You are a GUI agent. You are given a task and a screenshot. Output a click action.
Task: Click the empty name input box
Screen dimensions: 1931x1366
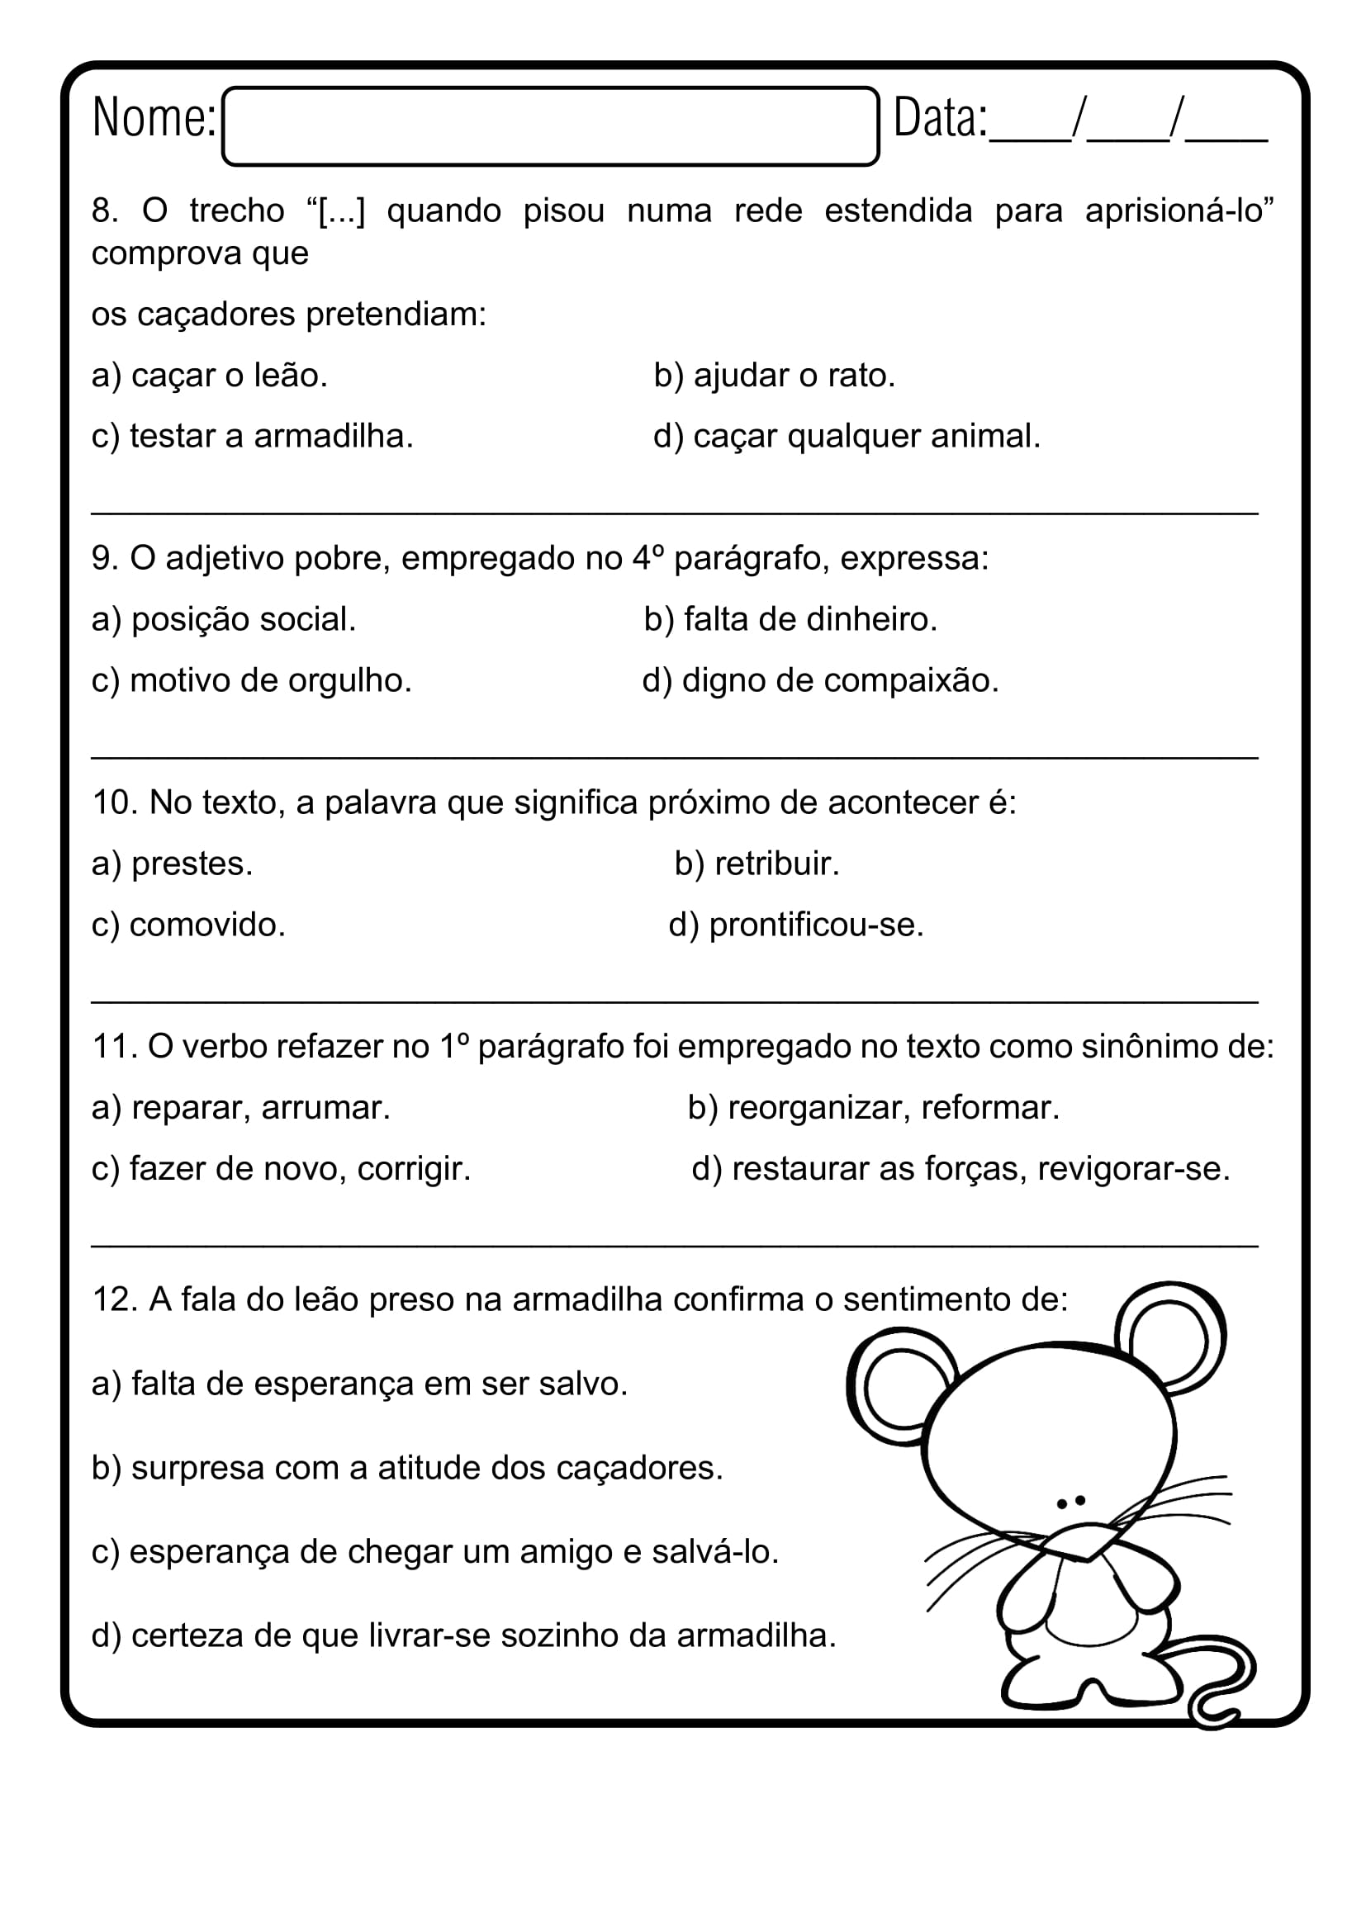pyautogui.click(x=551, y=126)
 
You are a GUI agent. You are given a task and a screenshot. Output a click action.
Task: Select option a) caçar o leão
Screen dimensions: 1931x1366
pyautogui.click(x=210, y=375)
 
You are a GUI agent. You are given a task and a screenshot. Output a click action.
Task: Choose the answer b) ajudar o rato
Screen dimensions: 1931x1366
pyautogui.click(x=774, y=375)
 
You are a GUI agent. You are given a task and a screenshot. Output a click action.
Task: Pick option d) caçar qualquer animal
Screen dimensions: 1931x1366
pyautogui.click(x=847, y=436)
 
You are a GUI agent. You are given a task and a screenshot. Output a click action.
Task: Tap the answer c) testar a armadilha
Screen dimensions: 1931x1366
pyautogui.click(x=253, y=436)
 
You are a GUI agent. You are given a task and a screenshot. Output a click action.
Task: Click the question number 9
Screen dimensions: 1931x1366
pyautogui.click(x=104, y=558)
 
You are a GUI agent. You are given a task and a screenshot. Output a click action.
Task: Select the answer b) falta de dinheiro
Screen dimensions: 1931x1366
pyautogui.click(x=790, y=619)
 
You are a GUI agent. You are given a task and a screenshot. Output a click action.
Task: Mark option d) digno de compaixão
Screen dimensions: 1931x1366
pyautogui.click(x=820, y=680)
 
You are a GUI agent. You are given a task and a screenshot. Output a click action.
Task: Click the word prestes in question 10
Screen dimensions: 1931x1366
pyautogui.click(x=192, y=864)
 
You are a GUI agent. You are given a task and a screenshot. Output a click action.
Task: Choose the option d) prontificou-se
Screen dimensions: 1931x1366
pyautogui.click(x=795, y=925)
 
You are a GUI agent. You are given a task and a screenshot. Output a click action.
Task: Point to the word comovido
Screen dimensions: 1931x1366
pyautogui.click(x=207, y=925)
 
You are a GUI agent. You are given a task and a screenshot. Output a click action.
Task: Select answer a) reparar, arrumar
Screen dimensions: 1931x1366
pyautogui.click(x=241, y=1108)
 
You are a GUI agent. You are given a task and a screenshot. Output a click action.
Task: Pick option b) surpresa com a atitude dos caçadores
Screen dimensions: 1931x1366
pyautogui.click(x=407, y=1468)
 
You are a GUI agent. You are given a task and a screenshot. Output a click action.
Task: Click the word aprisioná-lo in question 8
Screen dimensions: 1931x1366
pyautogui.click(x=1179, y=211)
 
